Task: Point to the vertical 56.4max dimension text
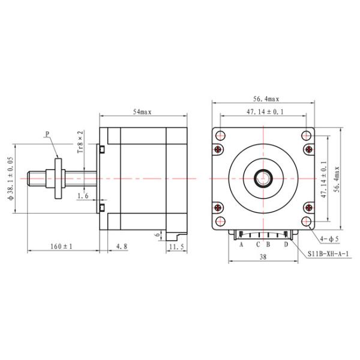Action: (337, 178)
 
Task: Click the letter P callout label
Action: (47, 135)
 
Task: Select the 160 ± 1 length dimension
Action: (61, 246)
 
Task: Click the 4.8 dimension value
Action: (121, 246)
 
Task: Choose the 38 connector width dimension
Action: (263, 256)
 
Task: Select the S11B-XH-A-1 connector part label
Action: (329, 254)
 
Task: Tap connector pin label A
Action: (241, 244)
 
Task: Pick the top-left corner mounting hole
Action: (220, 134)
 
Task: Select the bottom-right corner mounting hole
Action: (308, 222)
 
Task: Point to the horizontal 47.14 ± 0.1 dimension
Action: (265, 112)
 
